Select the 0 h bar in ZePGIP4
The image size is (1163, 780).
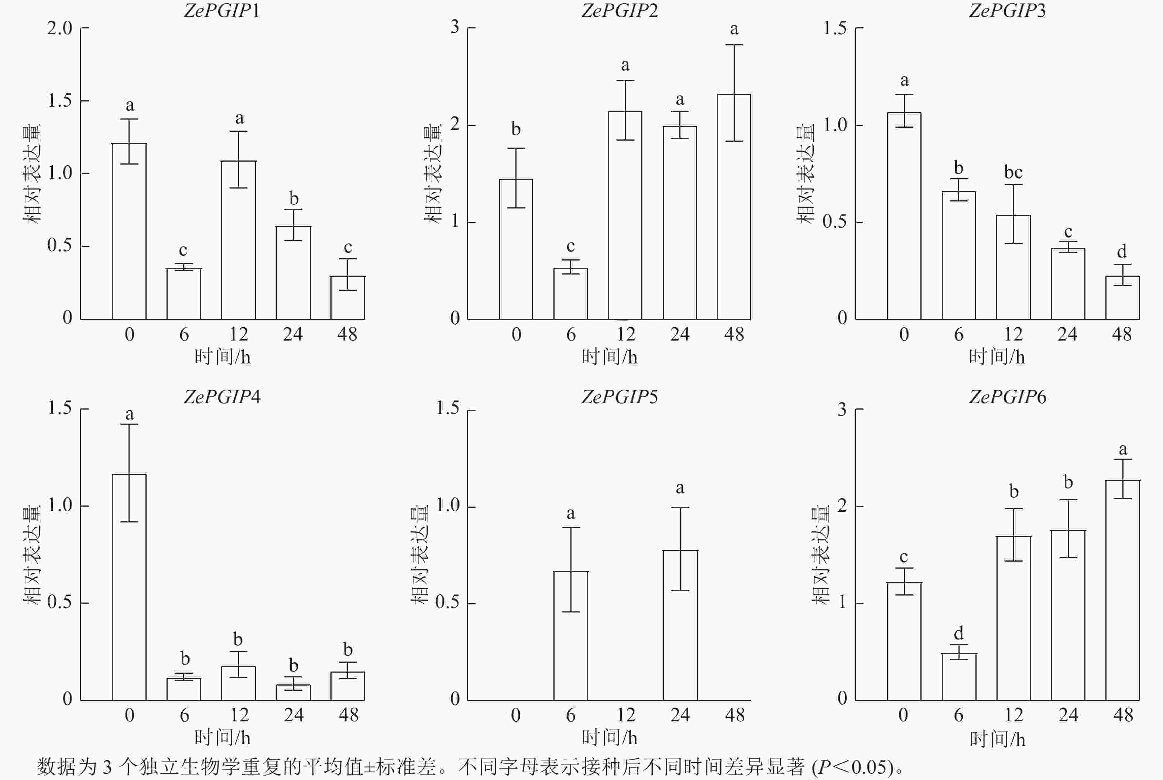click(129, 587)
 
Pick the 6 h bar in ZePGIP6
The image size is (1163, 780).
click(958, 677)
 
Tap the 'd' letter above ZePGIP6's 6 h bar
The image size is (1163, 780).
click(958, 633)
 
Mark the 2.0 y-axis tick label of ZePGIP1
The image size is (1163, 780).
click(60, 28)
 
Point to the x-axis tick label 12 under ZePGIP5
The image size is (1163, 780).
click(625, 715)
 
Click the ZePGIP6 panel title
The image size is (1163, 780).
click(1007, 397)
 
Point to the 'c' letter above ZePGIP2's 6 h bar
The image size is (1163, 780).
click(570, 246)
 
